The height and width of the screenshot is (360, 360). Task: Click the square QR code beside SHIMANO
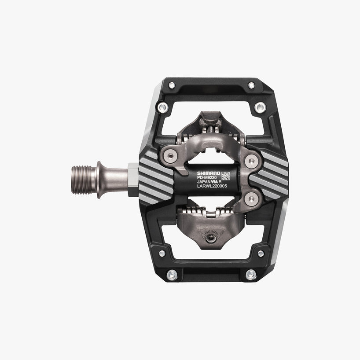(225, 176)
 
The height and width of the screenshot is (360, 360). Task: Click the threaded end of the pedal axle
(84, 176)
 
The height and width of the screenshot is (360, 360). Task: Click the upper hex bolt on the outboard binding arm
(251, 161)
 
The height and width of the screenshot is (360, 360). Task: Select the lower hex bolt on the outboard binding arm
(251, 198)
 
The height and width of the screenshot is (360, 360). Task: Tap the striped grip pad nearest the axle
(155, 177)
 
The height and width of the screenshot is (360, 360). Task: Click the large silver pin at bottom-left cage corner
(172, 275)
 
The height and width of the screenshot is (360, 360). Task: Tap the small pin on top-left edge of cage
(172, 85)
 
